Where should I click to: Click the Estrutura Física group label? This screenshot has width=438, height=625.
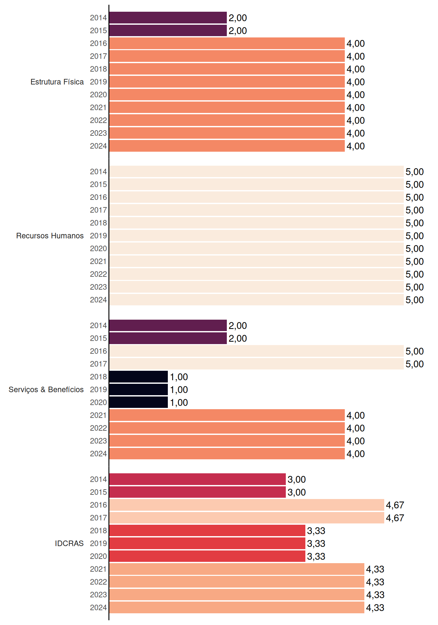[57, 82]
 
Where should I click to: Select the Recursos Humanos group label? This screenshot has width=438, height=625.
[50, 236]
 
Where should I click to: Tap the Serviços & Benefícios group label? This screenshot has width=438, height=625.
[46, 390]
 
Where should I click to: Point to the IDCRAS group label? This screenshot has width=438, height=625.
[69, 543]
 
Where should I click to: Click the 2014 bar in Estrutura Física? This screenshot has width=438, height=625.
[168, 18]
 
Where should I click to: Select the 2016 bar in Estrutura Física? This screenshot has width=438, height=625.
[227, 43]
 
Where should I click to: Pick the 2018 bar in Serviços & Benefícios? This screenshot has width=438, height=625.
[139, 377]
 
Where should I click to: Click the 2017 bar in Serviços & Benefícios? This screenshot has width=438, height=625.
[256, 364]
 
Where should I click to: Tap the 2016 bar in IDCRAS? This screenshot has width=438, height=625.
[247, 505]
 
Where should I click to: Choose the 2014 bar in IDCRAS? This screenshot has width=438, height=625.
[197, 479]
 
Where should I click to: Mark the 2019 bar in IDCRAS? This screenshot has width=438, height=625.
[207, 543]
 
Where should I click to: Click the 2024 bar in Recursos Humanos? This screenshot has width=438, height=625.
[256, 300]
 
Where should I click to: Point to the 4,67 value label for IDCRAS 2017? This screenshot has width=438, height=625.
[395, 518]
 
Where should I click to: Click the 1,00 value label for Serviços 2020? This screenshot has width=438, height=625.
[179, 403]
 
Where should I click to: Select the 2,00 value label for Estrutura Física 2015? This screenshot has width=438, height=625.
[238, 31]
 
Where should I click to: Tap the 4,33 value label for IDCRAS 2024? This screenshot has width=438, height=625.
[375, 608]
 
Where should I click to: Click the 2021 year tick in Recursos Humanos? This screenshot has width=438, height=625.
[98, 261]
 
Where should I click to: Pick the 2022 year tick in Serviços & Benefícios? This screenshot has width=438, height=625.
[98, 428]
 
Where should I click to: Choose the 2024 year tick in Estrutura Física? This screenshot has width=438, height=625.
[98, 146]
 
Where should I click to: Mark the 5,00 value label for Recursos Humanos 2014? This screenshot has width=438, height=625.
[415, 172]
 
